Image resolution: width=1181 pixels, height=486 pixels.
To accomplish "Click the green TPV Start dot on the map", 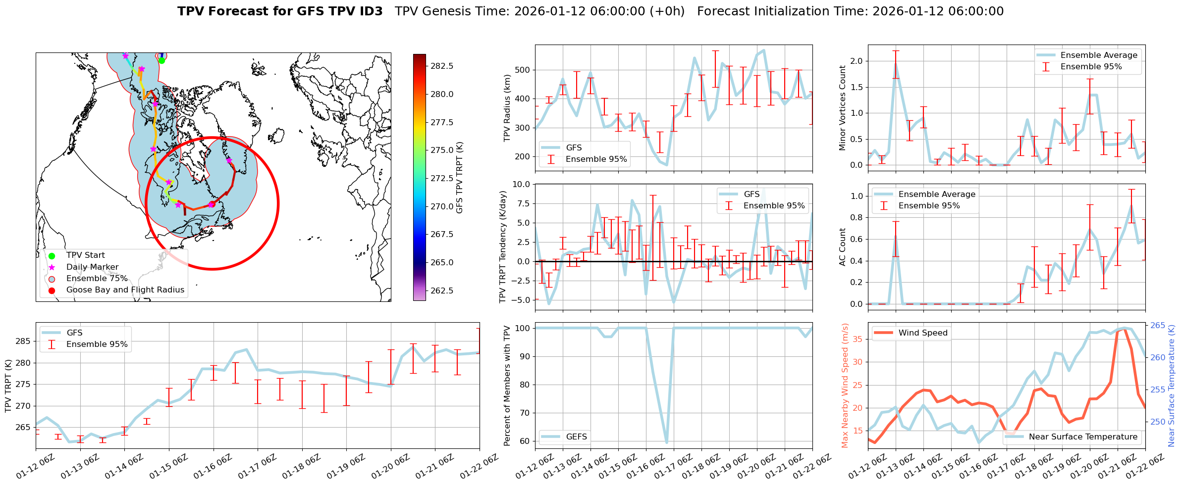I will [x=161, y=60].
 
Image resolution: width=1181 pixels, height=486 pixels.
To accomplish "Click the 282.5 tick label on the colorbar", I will [x=442, y=66].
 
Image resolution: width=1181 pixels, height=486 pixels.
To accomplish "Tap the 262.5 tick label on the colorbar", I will [x=442, y=291].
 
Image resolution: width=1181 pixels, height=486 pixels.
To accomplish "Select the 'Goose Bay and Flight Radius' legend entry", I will [x=125, y=290].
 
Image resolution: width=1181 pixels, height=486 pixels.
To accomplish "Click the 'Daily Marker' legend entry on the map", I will [x=92, y=267].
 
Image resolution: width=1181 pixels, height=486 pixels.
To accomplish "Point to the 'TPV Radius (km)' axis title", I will [x=507, y=108].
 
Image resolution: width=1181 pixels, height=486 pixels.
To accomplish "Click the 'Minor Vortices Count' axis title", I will [x=842, y=108].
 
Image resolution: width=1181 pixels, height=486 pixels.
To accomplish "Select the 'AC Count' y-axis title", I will [x=842, y=247].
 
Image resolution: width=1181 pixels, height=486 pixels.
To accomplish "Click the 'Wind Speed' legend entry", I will [x=922, y=333].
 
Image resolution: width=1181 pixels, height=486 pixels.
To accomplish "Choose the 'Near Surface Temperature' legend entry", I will [x=1083, y=437].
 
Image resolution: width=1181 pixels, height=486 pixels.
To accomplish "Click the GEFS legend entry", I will [x=576, y=437].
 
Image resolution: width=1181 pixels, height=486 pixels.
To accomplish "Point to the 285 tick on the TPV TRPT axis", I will [x=23, y=341].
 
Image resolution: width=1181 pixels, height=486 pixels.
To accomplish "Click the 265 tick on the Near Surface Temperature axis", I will [x=1158, y=326].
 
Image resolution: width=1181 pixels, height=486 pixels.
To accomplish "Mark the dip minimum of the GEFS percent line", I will [x=667, y=442].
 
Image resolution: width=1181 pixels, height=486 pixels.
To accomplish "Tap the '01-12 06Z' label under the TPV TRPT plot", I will [x=36, y=467].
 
